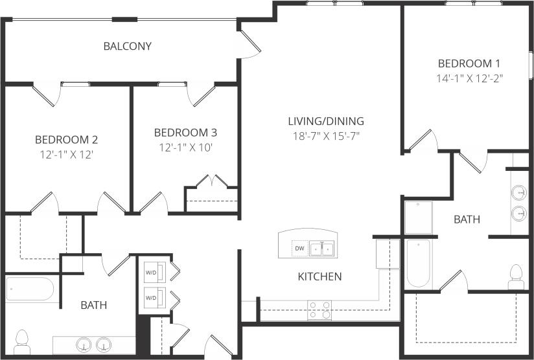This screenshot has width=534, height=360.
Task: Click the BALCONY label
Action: [x=128, y=47]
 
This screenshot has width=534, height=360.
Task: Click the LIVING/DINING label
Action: [x=326, y=121]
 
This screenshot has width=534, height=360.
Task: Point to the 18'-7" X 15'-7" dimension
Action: [x=326, y=135]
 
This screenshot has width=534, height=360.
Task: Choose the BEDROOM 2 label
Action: [x=66, y=139]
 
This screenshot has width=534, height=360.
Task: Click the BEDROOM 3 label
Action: [x=185, y=133]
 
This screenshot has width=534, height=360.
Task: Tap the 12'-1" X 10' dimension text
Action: [x=185, y=147]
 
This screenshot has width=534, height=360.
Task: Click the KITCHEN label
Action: [x=319, y=276]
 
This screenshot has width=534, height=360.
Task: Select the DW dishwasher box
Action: [x=299, y=249]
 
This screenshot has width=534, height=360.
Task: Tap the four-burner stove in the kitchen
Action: [x=319, y=310]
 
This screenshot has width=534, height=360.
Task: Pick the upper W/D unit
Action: [x=153, y=271]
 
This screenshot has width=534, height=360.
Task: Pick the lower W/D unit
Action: [x=153, y=297]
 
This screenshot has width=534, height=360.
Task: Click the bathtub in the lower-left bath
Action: [x=30, y=289]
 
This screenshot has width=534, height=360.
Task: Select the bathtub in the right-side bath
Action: [x=418, y=264]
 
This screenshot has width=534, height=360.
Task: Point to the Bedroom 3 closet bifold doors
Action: [x=213, y=181]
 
